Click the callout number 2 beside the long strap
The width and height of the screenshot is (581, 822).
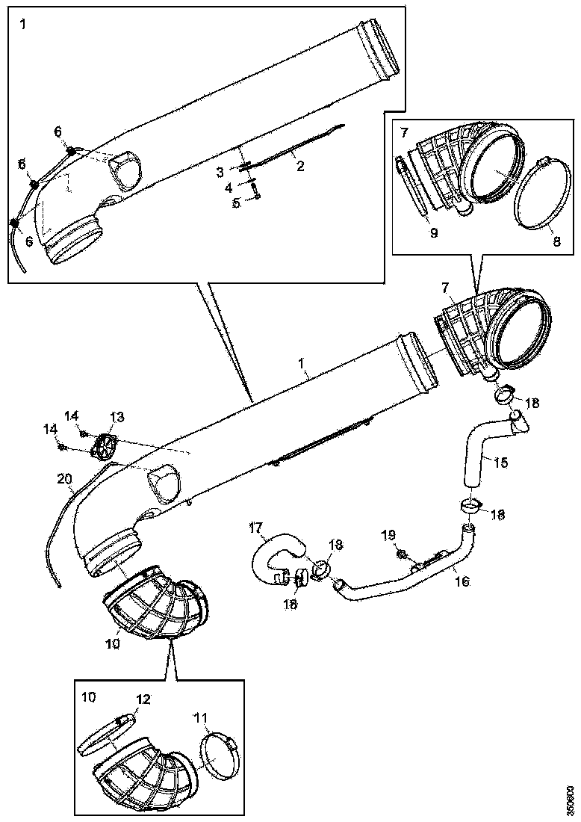point(299,167)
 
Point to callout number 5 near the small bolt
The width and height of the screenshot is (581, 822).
point(237,202)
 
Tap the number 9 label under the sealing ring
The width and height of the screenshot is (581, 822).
point(434,232)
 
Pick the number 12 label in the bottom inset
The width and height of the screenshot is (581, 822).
point(143,700)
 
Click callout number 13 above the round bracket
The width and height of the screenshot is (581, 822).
point(117,416)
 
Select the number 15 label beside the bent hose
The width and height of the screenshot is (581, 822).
point(500,463)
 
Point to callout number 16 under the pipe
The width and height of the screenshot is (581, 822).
point(462,581)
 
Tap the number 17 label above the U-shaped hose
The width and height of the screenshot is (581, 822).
point(256,528)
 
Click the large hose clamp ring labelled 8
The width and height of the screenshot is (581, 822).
point(541,191)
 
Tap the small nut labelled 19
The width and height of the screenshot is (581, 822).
point(402,554)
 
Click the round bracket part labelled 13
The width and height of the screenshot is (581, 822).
point(104,448)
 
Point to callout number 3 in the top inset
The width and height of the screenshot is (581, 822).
point(220,172)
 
